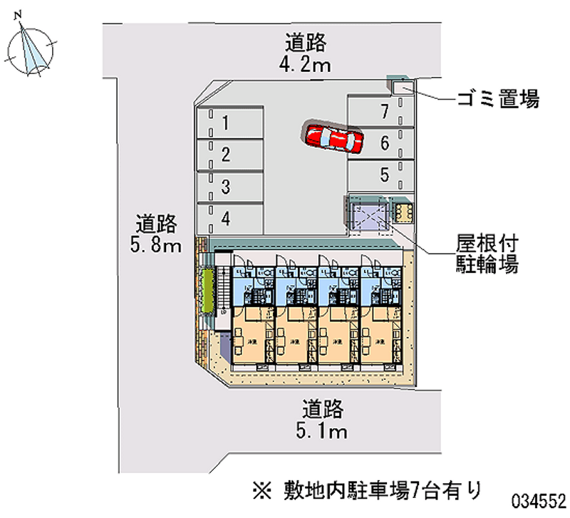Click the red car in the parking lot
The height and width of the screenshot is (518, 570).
click(x=333, y=137)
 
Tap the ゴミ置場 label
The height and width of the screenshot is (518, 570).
click(x=497, y=100)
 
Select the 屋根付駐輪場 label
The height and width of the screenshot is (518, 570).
click(x=487, y=256)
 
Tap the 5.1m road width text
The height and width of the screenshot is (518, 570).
click(x=323, y=431)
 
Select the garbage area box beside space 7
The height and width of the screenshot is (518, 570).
click(x=401, y=88)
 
